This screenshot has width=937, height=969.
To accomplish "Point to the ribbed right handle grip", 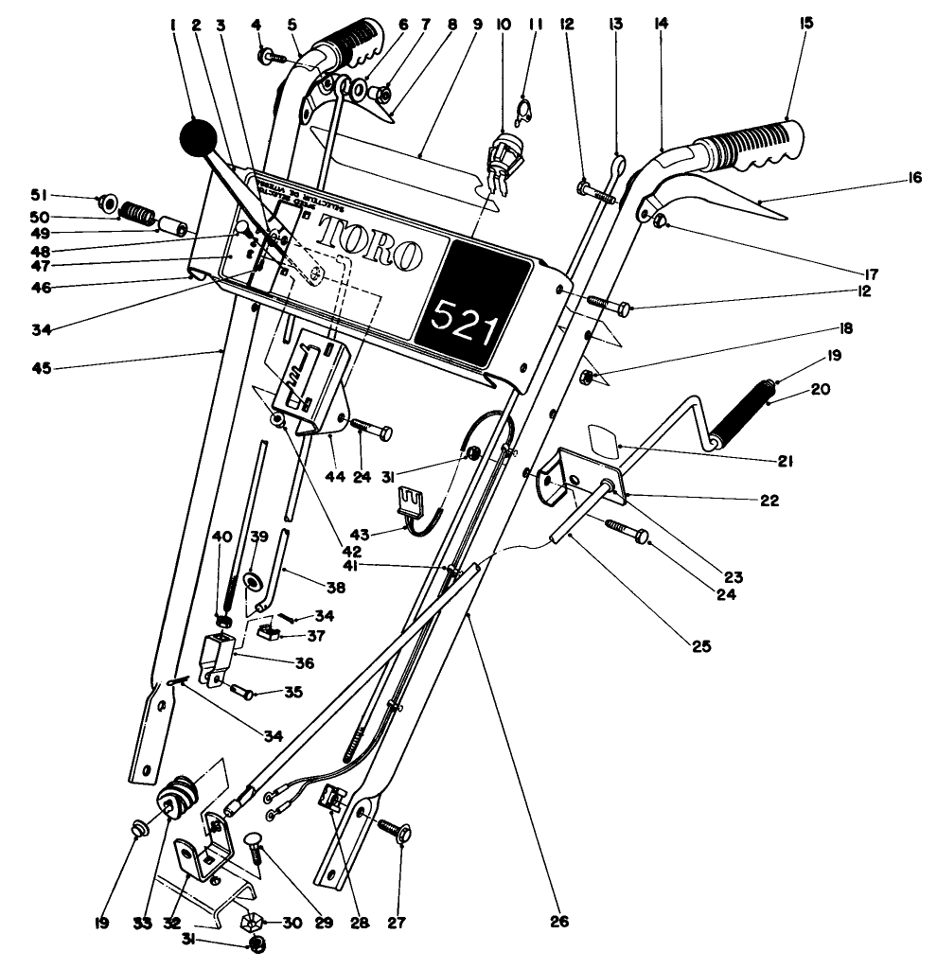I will click(753, 147).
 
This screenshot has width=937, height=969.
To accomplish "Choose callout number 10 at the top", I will click(503, 22).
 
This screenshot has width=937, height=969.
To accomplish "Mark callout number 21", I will click(785, 462).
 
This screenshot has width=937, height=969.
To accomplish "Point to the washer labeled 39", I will click(254, 578).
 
